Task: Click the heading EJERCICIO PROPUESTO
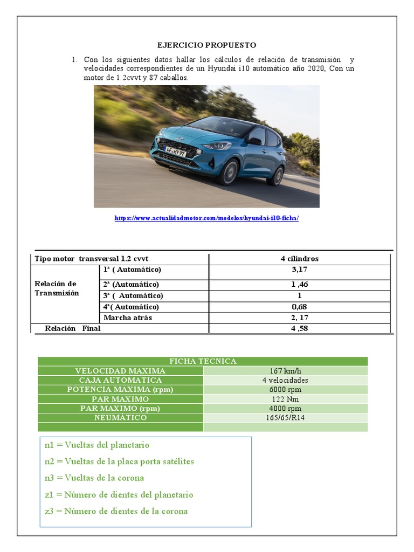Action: pyautogui.click(x=206, y=45)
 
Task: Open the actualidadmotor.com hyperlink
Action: pyautogui.click(x=206, y=218)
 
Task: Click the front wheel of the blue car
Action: pyautogui.click(x=229, y=172)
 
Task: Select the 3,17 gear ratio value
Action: pyautogui.click(x=299, y=269)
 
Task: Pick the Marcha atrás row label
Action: pyautogui.click(x=127, y=318)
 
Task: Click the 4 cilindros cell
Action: pyautogui.click(x=299, y=258)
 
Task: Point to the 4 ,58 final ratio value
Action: pyautogui.click(x=299, y=328)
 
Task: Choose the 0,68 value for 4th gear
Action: pyautogui.click(x=299, y=307)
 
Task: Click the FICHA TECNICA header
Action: pyautogui.click(x=203, y=361)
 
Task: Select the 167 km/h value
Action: pyautogui.click(x=285, y=371)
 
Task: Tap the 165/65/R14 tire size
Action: pyautogui.click(x=285, y=418)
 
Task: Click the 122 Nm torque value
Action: pyautogui.click(x=285, y=399)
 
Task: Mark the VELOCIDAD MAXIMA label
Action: pyautogui.click(x=120, y=371)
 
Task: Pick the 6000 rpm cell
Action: pyautogui.click(x=285, y=390)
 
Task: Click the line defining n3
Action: pyautogui.click(x=94, y=478)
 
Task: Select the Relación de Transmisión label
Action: pyautogui.click(x=57, y=288)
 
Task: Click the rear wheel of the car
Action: pyautogui.click(x=277, y=176)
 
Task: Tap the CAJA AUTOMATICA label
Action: pyautogui.click(x=120, y=380)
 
